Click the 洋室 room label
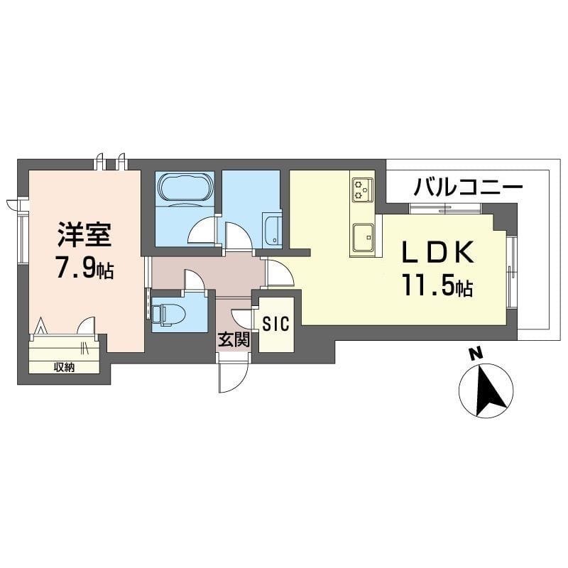[x=84, y=234]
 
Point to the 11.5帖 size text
[x=437, y=285]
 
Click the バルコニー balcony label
[x=469, y=187]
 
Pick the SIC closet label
[x=276, y=324]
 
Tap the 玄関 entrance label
[x=234, y=339]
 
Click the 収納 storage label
[x=65, y=367]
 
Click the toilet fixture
[x=168, y=313]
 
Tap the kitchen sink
[x=364, y=237]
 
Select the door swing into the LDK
[x=280, y=273]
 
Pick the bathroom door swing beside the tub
[x=203, y=230]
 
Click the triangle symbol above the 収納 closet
[x=40, y=326]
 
